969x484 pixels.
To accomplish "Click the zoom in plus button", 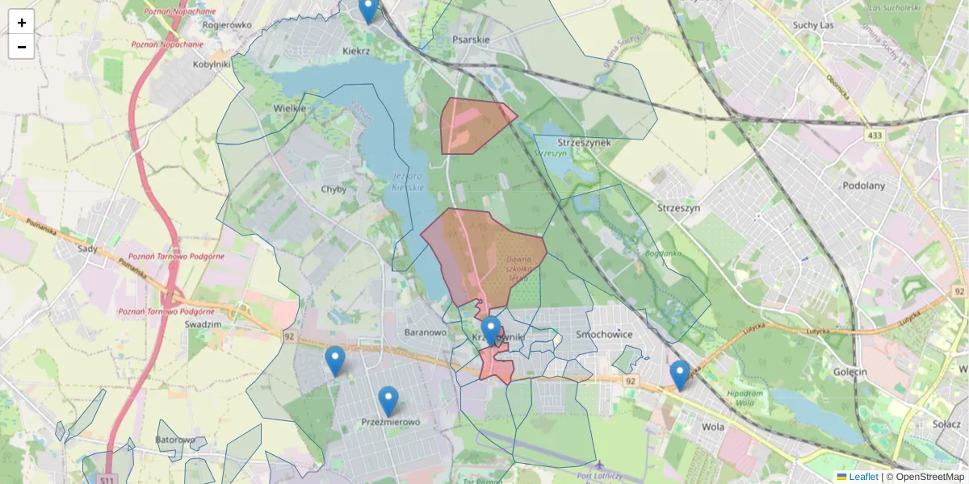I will (22, 23).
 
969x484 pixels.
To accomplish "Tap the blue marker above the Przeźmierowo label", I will (388, 401).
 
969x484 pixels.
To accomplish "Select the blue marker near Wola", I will (680, 375).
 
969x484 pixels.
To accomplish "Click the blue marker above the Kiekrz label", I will (368, 10).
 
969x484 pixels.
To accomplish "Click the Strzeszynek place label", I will (584, 143).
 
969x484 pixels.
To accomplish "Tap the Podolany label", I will (863, 185).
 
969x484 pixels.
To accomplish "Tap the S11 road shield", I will (107, 480).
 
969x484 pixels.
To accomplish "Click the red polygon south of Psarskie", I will (472, 125).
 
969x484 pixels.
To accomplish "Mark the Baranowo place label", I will (425, 332).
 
